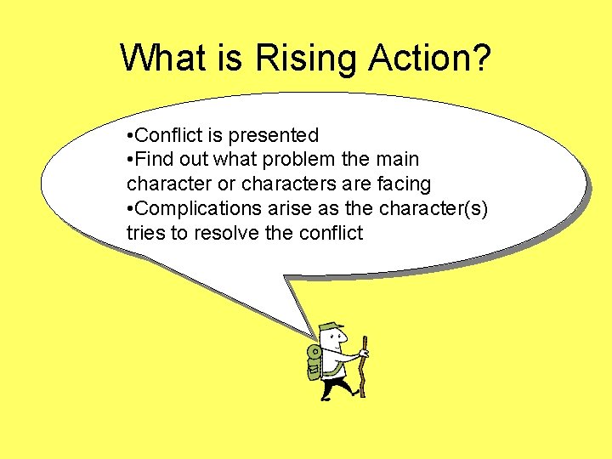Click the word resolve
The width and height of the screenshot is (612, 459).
(226, 232)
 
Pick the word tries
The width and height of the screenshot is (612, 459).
(145, 232)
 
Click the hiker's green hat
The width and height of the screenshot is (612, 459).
(329, 329)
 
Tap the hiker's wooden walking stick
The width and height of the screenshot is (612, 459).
(364, 365)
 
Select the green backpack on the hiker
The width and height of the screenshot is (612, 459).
(314, 362)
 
